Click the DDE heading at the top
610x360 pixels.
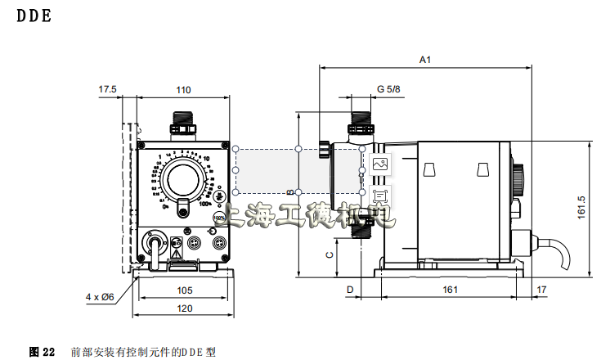[34, 16]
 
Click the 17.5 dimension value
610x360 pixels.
[107, 89]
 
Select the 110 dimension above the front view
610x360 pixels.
[183, 89]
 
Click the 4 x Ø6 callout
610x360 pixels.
[99, 296]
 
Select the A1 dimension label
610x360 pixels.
[424, 60]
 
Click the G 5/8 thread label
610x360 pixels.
[388, 89]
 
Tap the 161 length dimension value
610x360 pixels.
[450, 290]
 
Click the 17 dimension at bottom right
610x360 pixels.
[541, 290]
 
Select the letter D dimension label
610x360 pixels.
[349, 290]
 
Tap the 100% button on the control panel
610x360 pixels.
[219, 218]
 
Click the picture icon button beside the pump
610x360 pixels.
[379, 164]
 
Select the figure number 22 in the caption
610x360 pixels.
[48, 352]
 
